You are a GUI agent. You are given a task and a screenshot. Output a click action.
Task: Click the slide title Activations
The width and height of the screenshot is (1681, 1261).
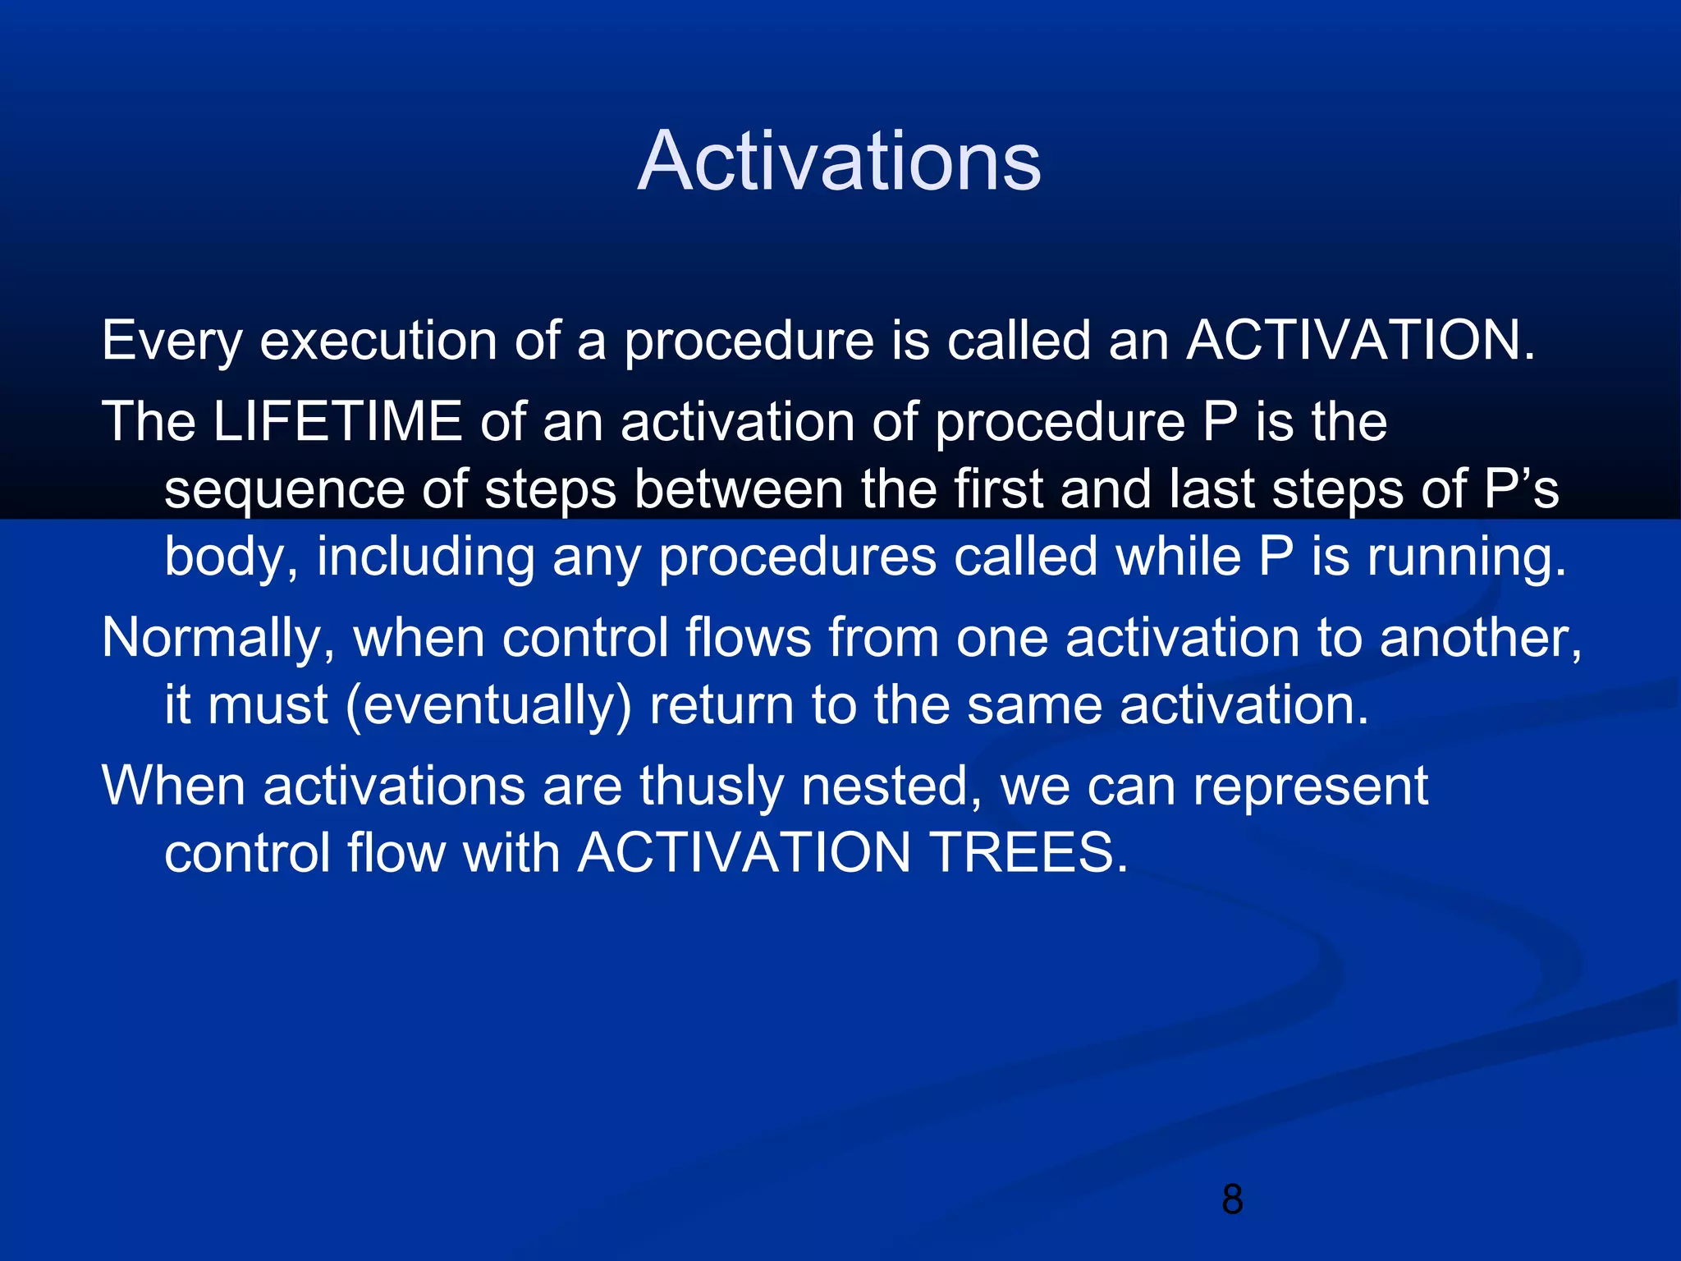pos(839,162)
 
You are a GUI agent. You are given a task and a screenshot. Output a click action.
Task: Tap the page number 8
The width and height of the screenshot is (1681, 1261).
pos(1232,1199)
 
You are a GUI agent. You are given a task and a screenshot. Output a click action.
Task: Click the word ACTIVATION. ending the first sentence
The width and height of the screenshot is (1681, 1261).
pos(1360,340)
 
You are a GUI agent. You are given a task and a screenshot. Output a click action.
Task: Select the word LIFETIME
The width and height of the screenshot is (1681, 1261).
pos(337,422)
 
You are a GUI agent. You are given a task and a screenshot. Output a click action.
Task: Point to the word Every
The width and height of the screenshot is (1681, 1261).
pos(171,342)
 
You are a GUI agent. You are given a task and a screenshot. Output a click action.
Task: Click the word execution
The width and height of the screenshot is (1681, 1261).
pos(378,342)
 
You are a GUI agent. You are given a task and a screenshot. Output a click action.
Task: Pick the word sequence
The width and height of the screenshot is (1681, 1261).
pos(284,491)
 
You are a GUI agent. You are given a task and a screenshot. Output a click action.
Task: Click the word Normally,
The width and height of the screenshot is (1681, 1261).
pos(218,639)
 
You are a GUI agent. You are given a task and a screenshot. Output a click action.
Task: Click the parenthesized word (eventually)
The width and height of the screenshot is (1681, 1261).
pos(488,706)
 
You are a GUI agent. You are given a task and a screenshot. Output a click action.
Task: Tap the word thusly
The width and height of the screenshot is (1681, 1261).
pos(711,786)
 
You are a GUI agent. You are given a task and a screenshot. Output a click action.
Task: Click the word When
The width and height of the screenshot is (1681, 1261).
pos(173,786)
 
